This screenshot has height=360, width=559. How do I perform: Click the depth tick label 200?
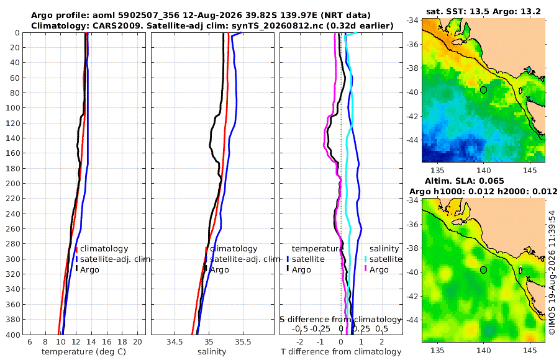12,183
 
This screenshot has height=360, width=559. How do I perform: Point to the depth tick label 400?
12,335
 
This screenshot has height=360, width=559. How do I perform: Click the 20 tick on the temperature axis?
137,342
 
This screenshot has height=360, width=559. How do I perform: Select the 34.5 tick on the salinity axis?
175,342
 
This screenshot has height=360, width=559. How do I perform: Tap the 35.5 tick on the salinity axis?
243,342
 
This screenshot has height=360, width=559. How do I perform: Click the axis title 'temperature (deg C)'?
84,352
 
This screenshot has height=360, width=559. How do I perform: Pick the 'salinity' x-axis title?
212,352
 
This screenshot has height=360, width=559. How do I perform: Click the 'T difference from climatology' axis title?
341,352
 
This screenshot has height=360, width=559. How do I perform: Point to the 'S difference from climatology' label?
341,320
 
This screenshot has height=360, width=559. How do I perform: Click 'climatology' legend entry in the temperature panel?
104,249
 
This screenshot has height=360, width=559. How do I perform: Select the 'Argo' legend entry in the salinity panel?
220,270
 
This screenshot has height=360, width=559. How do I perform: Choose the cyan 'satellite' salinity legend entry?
386,259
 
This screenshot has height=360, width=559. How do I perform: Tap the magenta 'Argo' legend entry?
379,270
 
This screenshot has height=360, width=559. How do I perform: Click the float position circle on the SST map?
483,90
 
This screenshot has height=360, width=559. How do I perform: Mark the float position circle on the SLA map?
483,270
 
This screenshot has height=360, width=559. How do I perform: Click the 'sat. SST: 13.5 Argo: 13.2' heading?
483,11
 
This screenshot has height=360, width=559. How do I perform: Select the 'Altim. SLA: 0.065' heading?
465,181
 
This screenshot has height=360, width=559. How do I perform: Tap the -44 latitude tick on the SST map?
412,140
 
